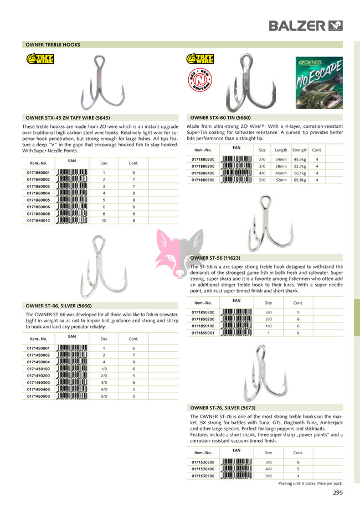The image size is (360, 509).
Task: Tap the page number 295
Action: click(x=338, y=493)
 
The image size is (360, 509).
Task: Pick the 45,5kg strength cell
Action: click(x=300, y=160)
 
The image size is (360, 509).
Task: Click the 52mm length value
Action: click(x=281, y=179)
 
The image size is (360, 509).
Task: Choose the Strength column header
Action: click(x=300, y=150)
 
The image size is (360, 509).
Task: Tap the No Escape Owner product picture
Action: click(x=319, y=83)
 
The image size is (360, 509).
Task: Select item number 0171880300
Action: click(x=203, y=166)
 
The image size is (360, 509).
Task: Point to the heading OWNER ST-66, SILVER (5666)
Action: click(x=59, y=305)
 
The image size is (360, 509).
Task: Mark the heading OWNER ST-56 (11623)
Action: click(x=215, y=258)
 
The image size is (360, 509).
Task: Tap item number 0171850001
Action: click(x=203, y=333)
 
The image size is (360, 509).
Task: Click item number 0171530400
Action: click(x=203, y=469)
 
